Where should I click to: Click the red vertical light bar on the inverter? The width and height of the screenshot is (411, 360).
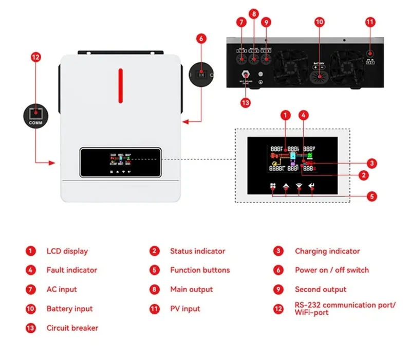(x=121, y=83)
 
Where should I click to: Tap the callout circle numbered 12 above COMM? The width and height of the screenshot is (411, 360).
(x=35, y=58)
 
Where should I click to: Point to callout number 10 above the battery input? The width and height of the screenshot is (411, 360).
(x=320, y=22)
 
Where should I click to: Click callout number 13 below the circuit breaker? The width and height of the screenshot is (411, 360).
(x=245, y=102)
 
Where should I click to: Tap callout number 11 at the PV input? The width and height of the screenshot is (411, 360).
(x=370, y=22)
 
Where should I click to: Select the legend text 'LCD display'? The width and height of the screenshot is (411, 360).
(x=67, y=251)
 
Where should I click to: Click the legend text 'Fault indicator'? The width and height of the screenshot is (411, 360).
(x=71, y=270)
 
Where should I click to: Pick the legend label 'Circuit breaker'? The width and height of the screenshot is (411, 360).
(x=72, y=328)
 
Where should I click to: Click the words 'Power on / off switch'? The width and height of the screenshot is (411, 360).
(x=331, y=270)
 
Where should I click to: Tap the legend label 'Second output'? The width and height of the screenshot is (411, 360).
(x=321, y=290)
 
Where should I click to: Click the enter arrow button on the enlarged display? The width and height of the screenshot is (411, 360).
(x=312, y=189)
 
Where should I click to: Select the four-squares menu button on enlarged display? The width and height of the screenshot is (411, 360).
(x=273, y=188)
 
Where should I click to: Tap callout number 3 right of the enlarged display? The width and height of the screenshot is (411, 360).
(x=372, y=163)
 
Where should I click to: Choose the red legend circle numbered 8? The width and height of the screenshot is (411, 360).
(x=154, y=290)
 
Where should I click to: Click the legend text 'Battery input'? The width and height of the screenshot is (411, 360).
(x=69, y=309)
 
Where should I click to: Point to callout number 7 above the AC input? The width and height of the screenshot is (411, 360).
(x=241, y=22)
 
